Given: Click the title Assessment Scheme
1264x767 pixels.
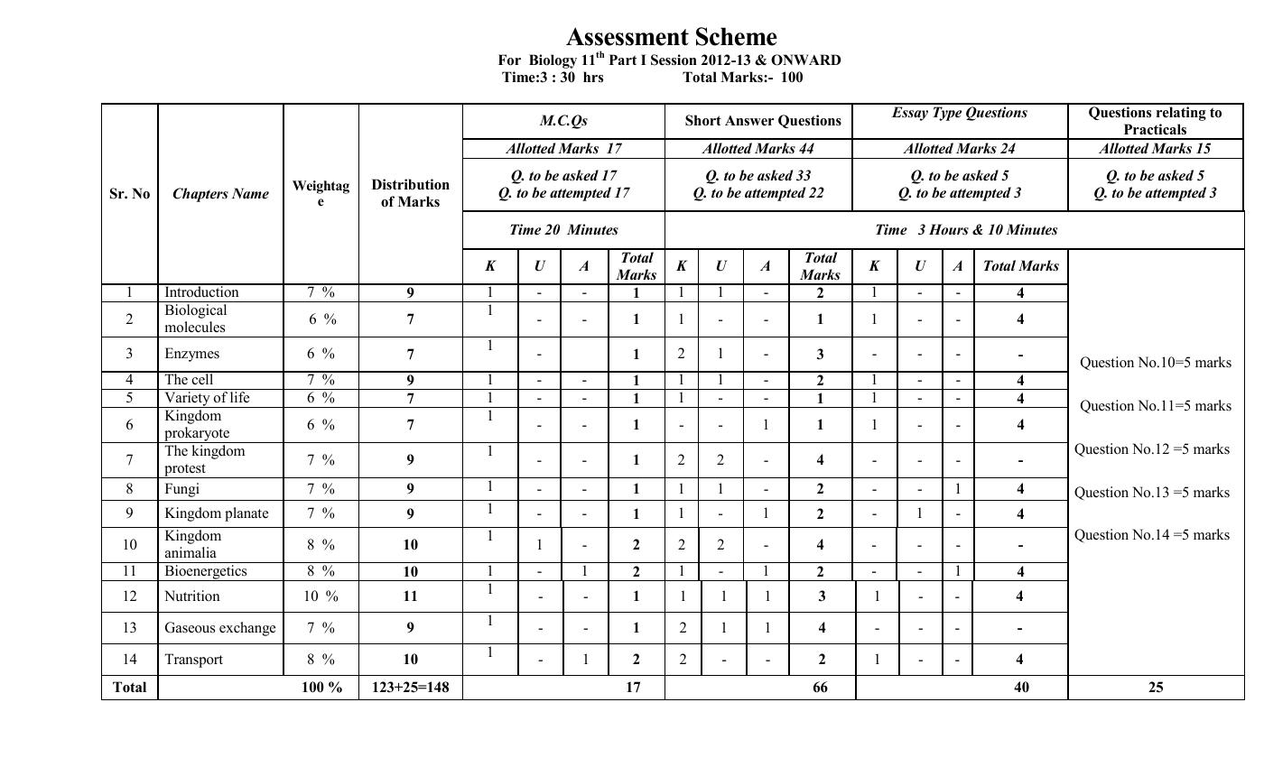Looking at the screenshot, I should (671, 37).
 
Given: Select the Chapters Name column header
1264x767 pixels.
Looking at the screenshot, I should (220, 194).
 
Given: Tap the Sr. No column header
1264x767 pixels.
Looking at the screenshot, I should (129, 194).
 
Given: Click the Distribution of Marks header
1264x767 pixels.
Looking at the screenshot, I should (410, 193).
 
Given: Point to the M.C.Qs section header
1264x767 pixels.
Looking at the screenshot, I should (563, 121).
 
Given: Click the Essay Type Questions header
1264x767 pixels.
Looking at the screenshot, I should (959, 113).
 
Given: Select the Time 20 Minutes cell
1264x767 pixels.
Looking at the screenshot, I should (563, 230).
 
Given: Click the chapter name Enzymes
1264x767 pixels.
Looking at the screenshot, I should (191, 354).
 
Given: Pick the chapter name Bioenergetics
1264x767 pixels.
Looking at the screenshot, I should (205, 571).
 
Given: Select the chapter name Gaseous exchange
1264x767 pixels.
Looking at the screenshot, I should (219, 628).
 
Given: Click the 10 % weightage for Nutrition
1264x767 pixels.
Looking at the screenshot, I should (321, 596).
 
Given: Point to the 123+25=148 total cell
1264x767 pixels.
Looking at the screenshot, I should (410, 688).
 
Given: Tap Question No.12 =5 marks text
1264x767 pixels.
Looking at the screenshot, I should (1151, 449).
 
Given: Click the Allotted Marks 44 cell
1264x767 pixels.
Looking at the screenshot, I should (757, 149).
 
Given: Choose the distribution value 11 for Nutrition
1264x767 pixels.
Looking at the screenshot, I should (410, 596).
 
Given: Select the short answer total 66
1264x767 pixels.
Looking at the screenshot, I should (819, 688).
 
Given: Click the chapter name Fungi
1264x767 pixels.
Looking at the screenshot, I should (181, 489).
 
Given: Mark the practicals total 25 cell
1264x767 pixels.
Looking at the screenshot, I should (1155, 688).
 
